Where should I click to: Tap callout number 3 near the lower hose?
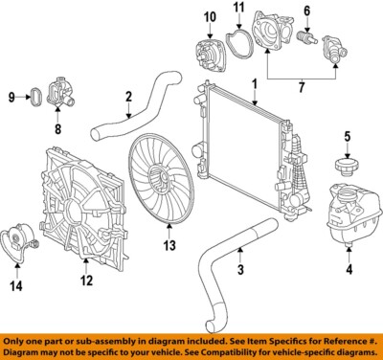tap(240, 271)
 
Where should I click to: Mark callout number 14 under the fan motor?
tap(16, 283)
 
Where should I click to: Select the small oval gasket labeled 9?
tap(35, 96)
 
